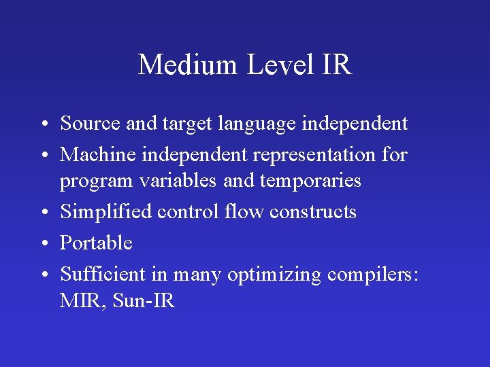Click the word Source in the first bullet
tap(90, 124)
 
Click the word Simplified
tap(106, 211)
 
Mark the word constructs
tap(312, 212)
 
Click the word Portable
tap(96, 243)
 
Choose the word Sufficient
tap(103, 274)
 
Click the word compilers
tap(374, 275)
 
